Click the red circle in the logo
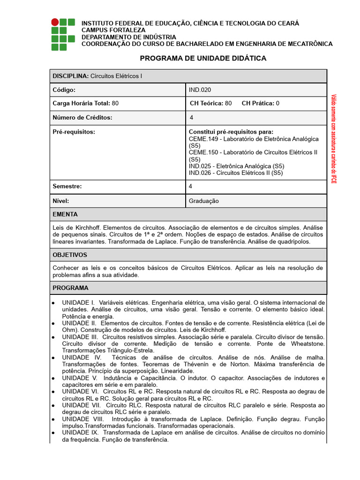point(55,22)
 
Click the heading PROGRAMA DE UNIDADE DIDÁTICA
point(203,58)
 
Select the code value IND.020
point(196,90)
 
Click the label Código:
point(64,90)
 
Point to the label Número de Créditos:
point(82,118)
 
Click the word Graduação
point(204,201)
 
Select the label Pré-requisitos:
point(74,132)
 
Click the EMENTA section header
point(65,214)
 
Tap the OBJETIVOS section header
point(70,255)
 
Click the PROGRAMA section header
point(70,288)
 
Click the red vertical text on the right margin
point(334,139)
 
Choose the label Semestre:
point(67,187)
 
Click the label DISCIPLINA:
point(71,76)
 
